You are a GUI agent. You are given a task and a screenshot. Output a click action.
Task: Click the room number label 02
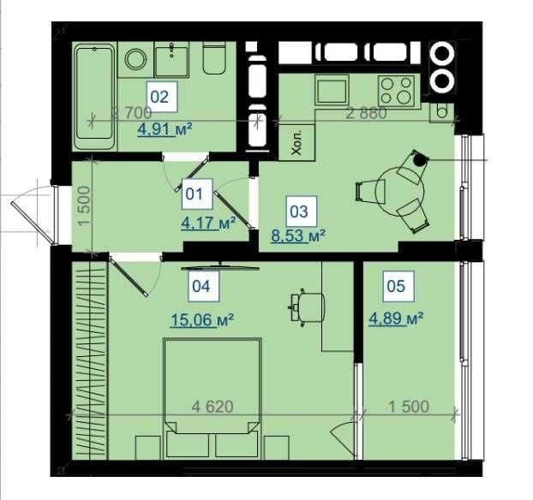pos(159,97)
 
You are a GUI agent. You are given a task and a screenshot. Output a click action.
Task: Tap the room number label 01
pos(195,194)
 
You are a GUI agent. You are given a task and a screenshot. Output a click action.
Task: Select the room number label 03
pos(299,211)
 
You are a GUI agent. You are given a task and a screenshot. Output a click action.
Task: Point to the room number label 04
pos(201,286)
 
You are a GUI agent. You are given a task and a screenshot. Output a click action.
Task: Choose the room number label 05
pos(396,286)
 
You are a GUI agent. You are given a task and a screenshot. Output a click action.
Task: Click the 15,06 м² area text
pos(202,320)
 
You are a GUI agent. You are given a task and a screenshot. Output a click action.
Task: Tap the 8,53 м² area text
pos(298,235)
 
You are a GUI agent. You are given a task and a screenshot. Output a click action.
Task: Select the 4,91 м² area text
pos(165,129)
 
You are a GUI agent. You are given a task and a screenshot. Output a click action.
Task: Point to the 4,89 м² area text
pos(396,318)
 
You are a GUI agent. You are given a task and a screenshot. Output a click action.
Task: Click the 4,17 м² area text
pos(208,223)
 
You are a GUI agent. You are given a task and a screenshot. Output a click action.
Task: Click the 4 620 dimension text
pos(213,406)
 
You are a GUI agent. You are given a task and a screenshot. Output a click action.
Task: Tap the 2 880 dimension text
pos(366,113)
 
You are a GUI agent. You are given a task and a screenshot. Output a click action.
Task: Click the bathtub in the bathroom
pos(95,96)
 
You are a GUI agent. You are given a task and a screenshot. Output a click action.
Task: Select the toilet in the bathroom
pos(214,57)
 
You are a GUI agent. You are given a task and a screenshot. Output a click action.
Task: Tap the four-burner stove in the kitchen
pos(396,90)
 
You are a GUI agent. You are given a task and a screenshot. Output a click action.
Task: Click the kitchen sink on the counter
pos(332,90)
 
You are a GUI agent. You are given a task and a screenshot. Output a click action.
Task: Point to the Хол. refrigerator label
pos(296,146)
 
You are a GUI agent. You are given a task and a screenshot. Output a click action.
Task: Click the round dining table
pos(401,191)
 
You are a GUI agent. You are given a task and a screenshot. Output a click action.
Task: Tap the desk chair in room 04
pos(307,307)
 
